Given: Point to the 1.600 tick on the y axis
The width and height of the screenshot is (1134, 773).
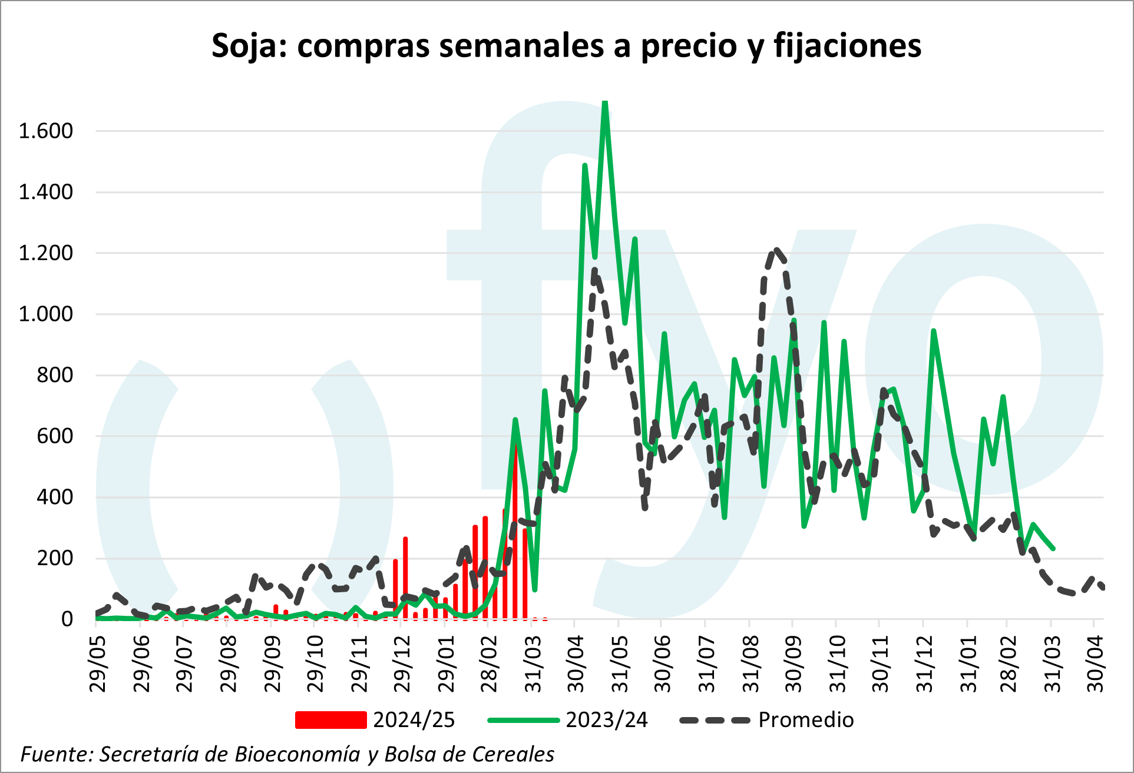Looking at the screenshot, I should [46, 131].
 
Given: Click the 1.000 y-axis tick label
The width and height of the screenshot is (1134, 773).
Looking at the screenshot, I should [46, 314].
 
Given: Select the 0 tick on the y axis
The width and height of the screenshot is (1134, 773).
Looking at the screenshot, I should [67, 619].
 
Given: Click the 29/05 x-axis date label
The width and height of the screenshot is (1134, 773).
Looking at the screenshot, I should [98, 664].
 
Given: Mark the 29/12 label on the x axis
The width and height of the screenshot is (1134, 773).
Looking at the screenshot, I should [402, 664].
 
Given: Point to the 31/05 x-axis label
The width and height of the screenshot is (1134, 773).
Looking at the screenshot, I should [620, 664].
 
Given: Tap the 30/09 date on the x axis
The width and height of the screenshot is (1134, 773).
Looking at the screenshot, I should [794, 664].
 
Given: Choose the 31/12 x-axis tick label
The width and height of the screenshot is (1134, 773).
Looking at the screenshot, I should [924, 664].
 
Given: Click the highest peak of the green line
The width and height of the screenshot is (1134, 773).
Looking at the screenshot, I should [605, 102].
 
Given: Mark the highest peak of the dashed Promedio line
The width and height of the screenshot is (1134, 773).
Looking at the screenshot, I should [777, 250].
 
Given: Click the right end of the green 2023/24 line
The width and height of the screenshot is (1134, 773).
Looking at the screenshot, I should [1053, 549].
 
